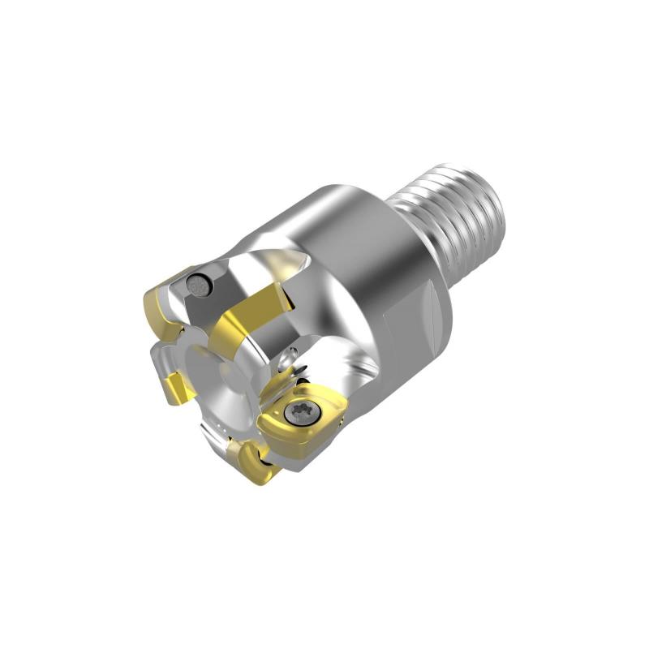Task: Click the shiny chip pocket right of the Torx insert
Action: (x=357, y=381)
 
